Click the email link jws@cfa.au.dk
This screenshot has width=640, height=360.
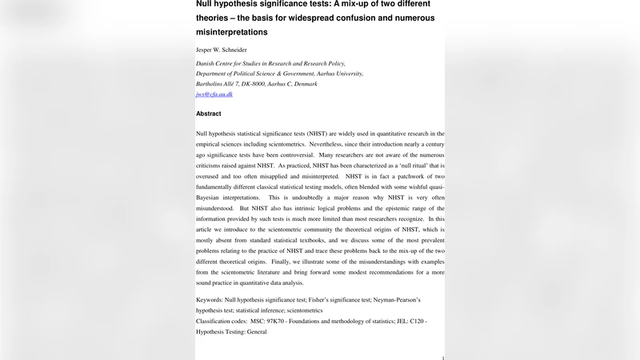click(214, 94)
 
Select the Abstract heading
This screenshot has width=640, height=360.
click(209, 114)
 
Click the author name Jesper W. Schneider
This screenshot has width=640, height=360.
click(222, 50)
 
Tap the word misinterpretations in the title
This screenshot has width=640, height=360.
click(231, 32)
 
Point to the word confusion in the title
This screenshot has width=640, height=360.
click(355, 17)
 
